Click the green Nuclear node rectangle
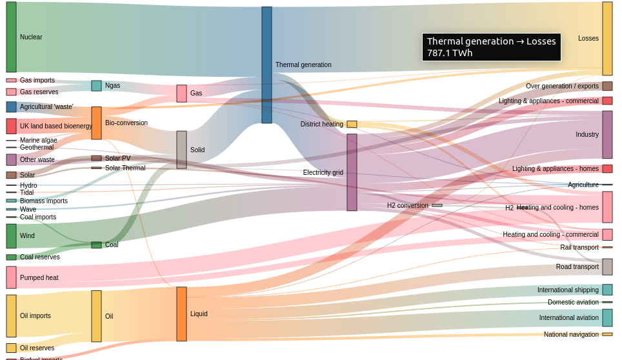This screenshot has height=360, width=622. (11, 37)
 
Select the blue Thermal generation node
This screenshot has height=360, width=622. (266, 65)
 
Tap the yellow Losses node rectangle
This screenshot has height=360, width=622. (607, 39)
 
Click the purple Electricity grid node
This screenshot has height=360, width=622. (352, 172)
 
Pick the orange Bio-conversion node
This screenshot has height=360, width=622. (96, 123)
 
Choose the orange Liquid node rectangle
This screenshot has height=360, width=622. (181, 314)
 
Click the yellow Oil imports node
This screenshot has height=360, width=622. (11, 315)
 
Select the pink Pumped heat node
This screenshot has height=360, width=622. (11, 277)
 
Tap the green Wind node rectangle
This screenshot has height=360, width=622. (11, 235)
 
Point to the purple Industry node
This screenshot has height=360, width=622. (607, 134)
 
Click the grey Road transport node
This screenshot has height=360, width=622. (607, 266)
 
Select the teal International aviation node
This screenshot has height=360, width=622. (607, 317)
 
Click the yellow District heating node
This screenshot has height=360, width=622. (352, 124)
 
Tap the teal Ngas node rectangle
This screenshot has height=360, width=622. (96, 85)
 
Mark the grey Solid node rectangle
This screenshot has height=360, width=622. (181, 150)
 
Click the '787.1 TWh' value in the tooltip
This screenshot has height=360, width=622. (450, 53)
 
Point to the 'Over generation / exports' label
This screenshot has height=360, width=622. (562, 86)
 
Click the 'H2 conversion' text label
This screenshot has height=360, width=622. (407, 205)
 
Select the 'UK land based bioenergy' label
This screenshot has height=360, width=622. (55, 126)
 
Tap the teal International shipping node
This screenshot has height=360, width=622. (607, 290)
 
